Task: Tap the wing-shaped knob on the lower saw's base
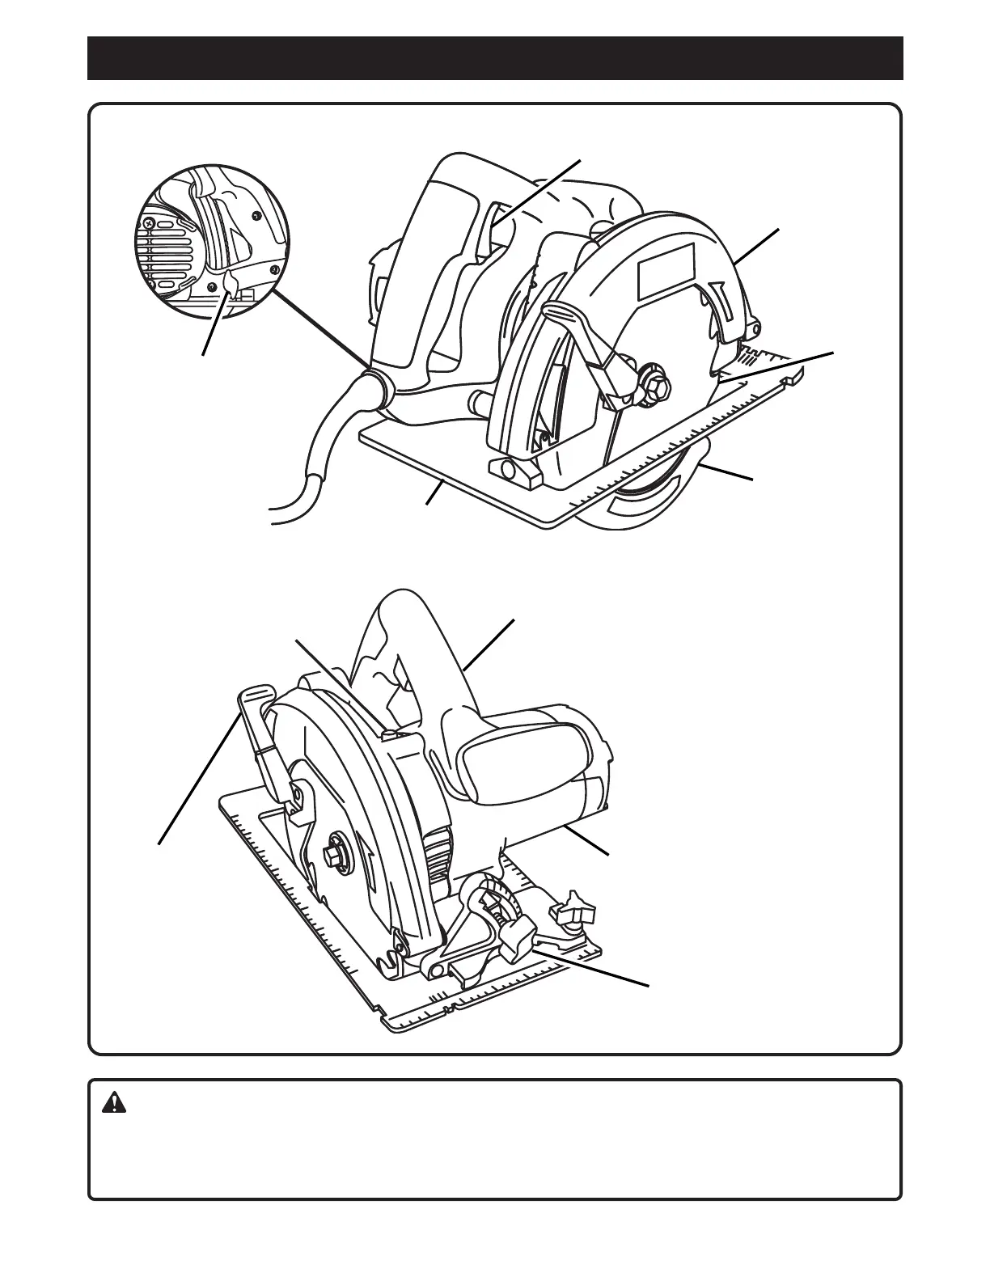click(575, 911)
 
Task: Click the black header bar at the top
click(495, 58)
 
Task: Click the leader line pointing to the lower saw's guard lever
click(198, 776)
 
